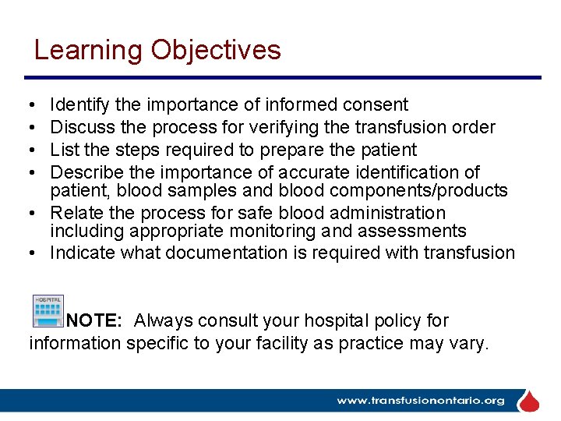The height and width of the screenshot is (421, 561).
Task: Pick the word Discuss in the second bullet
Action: click(81, 127)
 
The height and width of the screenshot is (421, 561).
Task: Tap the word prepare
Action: click(291, 150)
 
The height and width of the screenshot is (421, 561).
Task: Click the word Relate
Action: click(76, 213)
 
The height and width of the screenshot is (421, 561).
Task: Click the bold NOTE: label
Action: click(93, 320)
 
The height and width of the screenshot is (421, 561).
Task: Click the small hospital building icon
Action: click(48, 311)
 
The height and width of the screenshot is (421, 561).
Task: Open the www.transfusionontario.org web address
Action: click(421, 401)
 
